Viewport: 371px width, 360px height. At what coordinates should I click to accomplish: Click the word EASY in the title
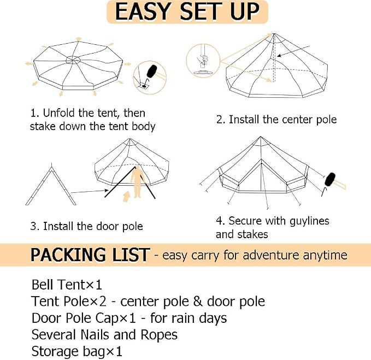[143, 11]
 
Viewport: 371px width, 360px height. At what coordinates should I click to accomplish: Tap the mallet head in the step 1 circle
[152, 71]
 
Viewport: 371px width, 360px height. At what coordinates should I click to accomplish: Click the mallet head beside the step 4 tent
[331, 180]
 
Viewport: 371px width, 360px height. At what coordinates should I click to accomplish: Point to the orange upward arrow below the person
[127, 197]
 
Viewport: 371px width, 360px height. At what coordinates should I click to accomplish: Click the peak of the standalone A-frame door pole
[51, 163]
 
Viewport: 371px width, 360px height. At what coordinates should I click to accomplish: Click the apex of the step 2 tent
[274, 34]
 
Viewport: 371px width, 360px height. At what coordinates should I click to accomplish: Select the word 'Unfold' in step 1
[59, 113]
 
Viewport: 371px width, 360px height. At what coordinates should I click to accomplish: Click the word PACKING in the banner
[68, 255]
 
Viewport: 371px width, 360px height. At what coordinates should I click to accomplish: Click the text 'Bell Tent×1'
[67, 284]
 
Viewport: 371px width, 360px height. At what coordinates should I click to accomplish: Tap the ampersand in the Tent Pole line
[198, 302]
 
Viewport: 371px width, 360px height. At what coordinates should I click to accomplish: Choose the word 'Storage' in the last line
[55, 351]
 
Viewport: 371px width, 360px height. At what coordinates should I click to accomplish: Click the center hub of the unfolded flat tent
[73, 59]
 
